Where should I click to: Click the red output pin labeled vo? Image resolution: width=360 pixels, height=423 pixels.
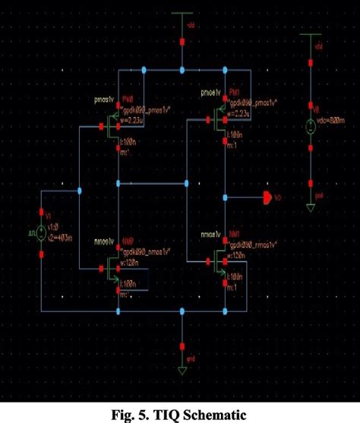pyautogui.click(x=268, y=197)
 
